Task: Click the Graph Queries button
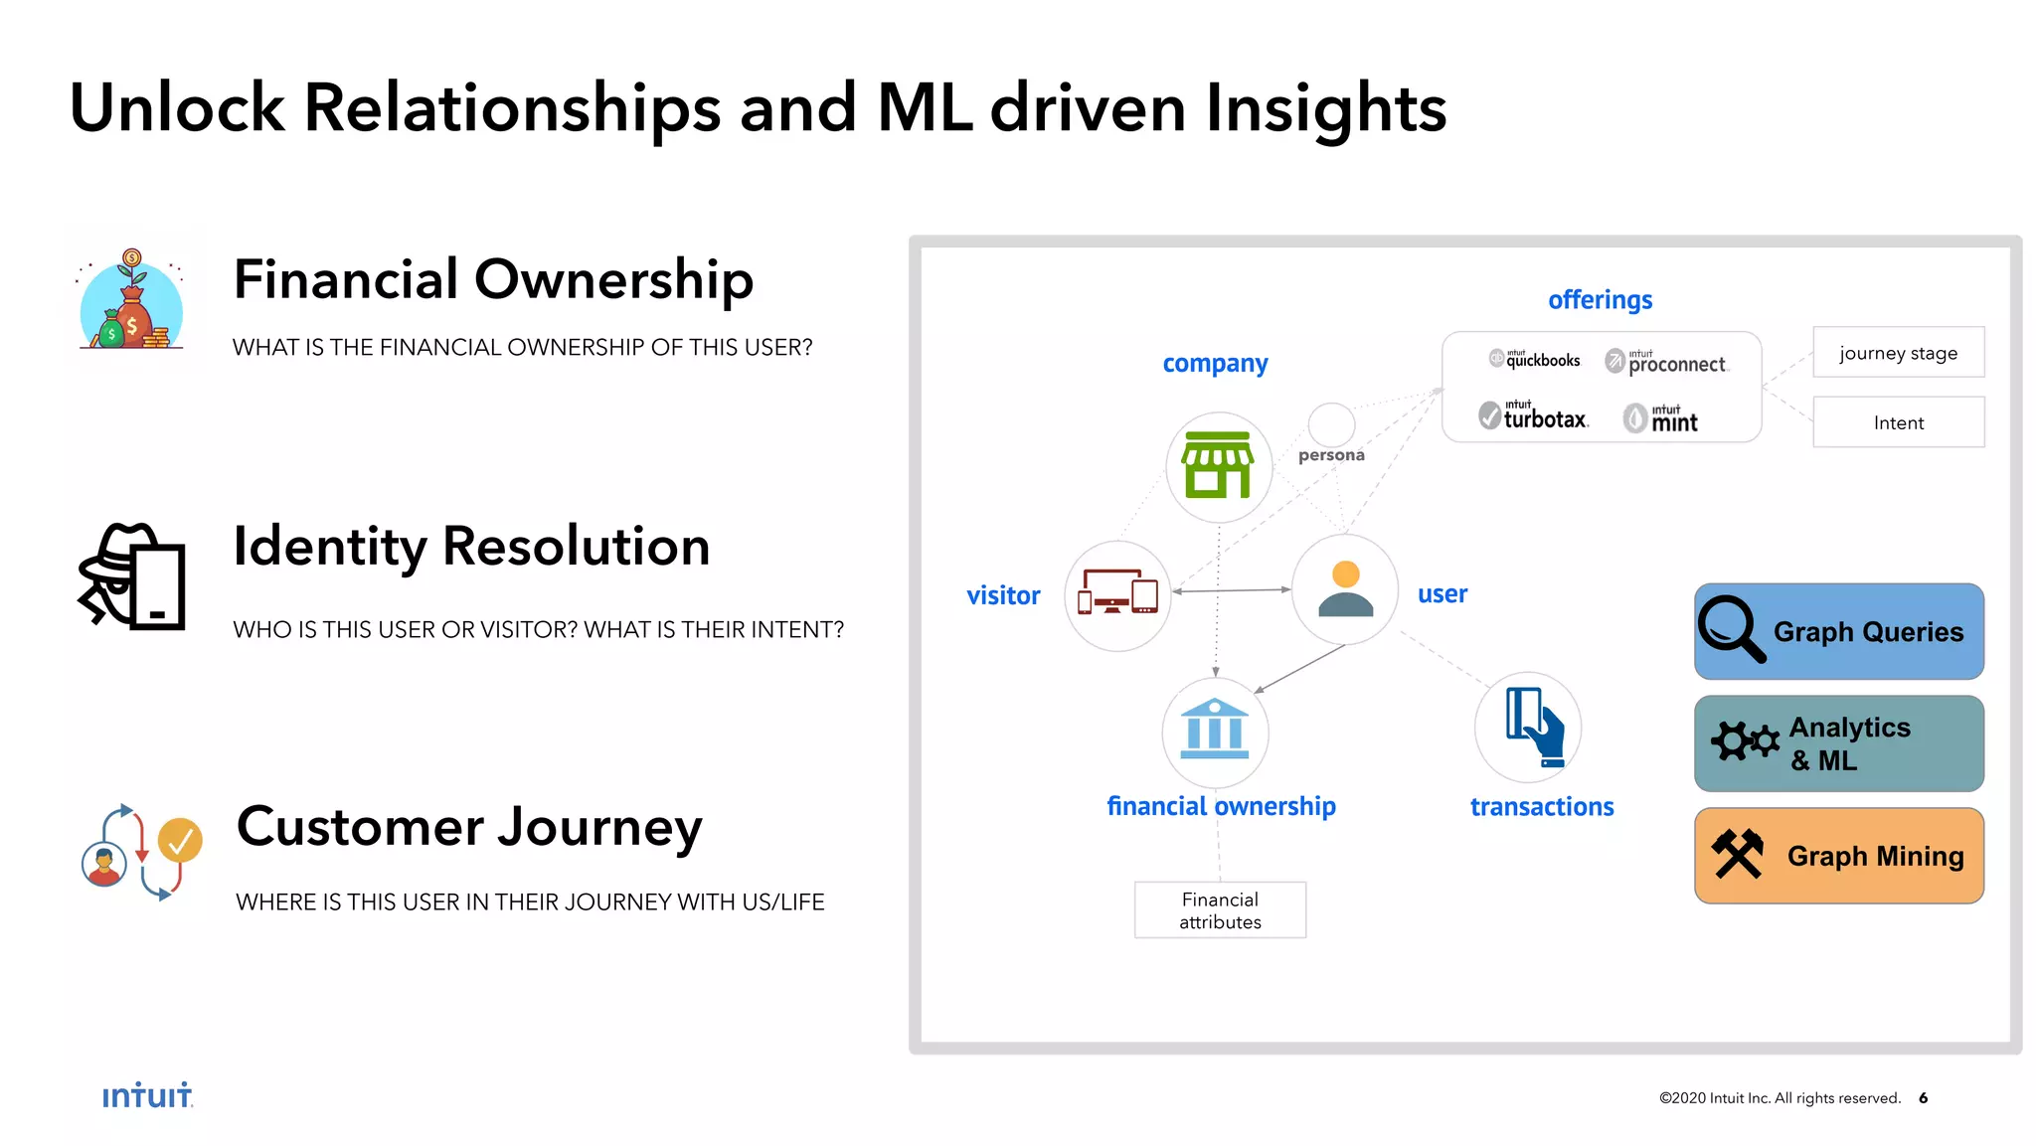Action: point(1838,631)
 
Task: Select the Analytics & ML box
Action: point(1838,743)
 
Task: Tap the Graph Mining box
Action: point(1838,856)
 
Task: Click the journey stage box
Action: point(1898,353)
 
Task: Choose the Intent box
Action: point(1898,422)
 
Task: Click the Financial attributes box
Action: point(1220,910)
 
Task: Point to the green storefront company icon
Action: point(1218,466)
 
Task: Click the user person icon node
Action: point(1345,589)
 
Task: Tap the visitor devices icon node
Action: point(1117,595)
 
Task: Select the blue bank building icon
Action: point(1214,731)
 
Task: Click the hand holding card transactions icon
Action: point(1533,728)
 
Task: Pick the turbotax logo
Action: point(1534,415)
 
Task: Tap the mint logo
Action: point(1661,418)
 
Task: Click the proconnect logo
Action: point(1667,362)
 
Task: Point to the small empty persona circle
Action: point(1331,424)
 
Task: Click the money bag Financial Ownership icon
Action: point(131,301)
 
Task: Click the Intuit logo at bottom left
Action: point(147,1095)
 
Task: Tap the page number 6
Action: point(1924,1097)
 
